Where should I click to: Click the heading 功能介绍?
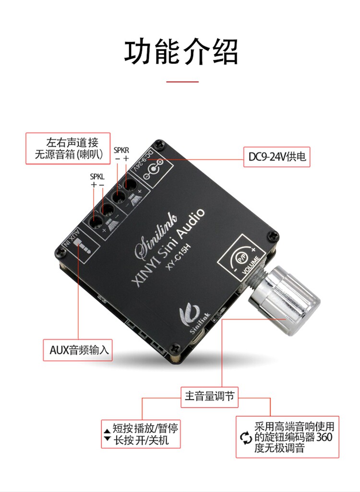pos(181,52)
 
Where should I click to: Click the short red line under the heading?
pos(182,82)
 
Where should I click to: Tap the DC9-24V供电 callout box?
pos(277,157)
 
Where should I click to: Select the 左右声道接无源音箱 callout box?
pos(68,149)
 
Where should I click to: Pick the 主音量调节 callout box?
pos(210,397)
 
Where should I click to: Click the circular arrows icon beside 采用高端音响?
pos(245,437)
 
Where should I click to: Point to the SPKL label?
pos(97,176)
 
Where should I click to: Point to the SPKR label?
pos(121,150)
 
